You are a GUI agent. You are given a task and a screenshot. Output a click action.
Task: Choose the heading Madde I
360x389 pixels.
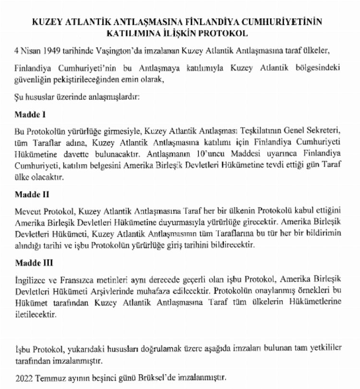29,116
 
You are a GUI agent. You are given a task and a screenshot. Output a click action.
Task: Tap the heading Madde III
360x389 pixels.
32,263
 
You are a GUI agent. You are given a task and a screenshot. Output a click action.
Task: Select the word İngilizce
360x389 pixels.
30,280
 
